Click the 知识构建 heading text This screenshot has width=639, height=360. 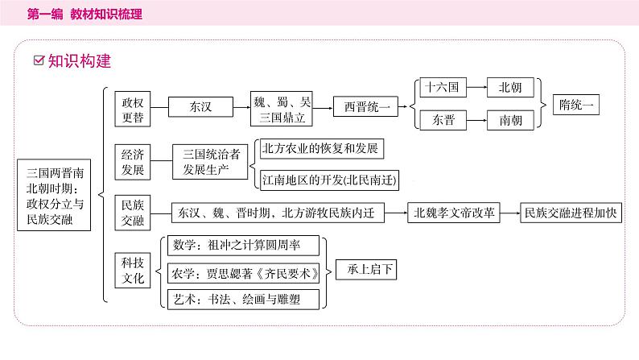click(x=79, y=60)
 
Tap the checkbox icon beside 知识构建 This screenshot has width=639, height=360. click(x=39, y=60)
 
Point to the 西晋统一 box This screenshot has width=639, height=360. click(x=367, y=106)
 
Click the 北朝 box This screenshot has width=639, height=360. click(x=509, y=88)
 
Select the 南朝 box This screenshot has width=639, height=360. click(x=509, y=120)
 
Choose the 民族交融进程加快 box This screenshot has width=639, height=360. click(x=570, y=213)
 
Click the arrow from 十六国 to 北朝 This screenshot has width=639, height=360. click(x=475, y=88)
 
